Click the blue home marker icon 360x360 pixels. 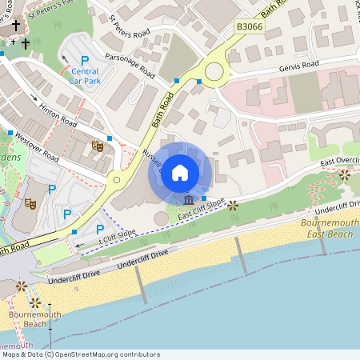pyautogui.click(x=180, y=172)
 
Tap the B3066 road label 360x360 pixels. pyautogui.click(x=249, y=27)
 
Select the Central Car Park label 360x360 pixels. pyautogui.click(x=85, y=76)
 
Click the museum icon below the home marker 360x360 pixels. pyautogui.click(x=188, y=199)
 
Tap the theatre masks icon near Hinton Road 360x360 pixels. pyautogui.click(x=98, y=146)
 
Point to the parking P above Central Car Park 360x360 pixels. pyautogui.click(x=85, y=60)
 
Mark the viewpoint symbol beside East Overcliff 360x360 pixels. pyautogui.click(x=345, y=174)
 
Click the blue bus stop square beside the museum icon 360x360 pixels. pyautogui.click(x=204, y=198)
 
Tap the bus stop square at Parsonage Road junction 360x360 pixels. pyautogui.click(x=176, y=81)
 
